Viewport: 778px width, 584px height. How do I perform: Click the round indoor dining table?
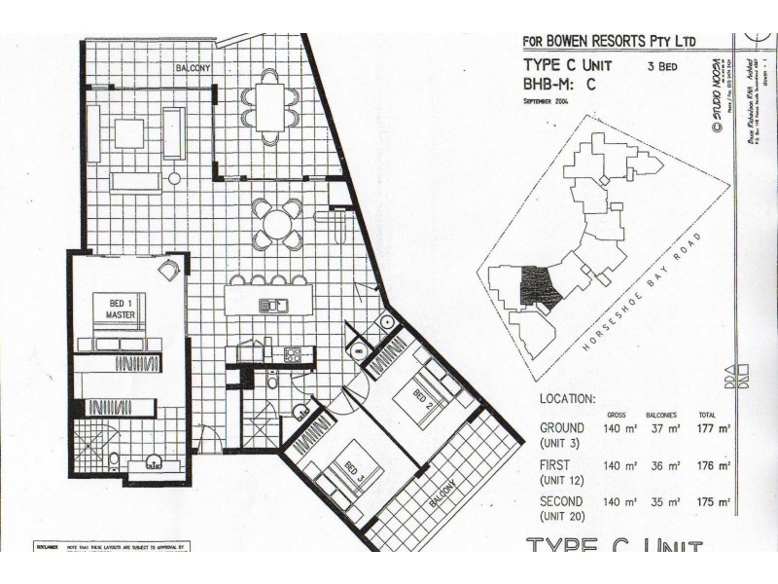[278, 226]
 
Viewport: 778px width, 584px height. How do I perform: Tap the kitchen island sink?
[269, 306]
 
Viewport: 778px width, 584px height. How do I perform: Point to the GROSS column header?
[616, 414]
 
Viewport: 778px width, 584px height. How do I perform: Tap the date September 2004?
[551, 101]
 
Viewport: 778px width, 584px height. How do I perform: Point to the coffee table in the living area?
[128, 132]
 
